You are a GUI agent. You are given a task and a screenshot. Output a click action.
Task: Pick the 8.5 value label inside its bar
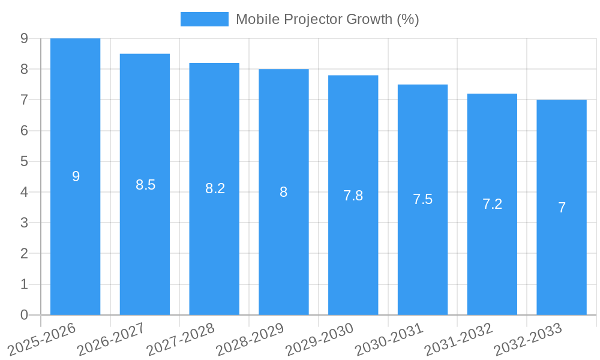pyautogui.click(x=145, y=185)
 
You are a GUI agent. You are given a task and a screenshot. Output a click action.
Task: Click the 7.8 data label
pyautogui.click(x=353, y=196)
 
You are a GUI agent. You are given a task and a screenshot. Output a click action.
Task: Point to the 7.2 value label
pyautogui.click(x=492, y=204)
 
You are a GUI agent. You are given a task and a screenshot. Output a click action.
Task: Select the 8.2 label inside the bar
pyautogui.click(x=215, y=188)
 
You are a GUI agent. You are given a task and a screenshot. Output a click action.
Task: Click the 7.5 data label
pyautogui.click(x=422, y=199)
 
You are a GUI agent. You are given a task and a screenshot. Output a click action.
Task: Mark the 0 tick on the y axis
pyautogui.click(x=24, y=315)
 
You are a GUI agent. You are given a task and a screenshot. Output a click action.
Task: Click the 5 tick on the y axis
pyautogui.click(x=24, y=161)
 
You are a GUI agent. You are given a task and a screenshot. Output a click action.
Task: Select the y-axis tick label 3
pyautogui.click(x=24, y=223)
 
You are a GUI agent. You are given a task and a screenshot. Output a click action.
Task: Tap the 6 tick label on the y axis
pyautogui.click(x=24, y=131)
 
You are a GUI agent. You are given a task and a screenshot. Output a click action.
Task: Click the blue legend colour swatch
pyautogui.click(x=204, y=19)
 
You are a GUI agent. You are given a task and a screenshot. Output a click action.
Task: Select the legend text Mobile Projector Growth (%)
pyautogui.click(x=327, y=19)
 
